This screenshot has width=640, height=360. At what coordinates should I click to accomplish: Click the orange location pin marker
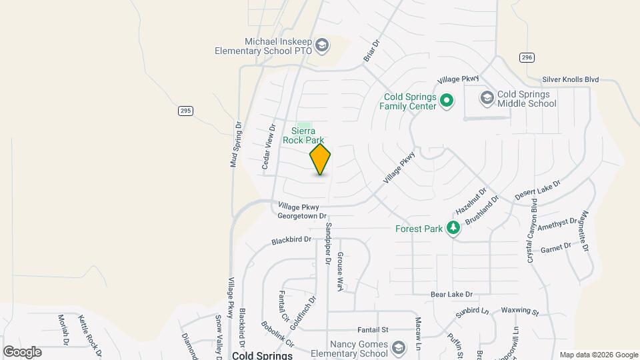(x=320, y=159)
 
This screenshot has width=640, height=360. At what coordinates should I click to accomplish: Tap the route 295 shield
(x=185, y=111)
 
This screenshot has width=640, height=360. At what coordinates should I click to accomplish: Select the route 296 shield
(x=527, y=58)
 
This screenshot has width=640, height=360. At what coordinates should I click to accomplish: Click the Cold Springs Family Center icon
(x=447, y=101)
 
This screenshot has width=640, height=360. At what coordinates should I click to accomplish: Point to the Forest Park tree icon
(x=453, y=229)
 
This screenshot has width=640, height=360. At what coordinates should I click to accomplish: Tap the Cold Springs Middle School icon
(x=487, y=99)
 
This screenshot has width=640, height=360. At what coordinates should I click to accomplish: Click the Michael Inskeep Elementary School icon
(x=322, y=45)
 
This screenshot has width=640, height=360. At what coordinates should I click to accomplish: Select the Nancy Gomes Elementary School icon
(x=398, y=348)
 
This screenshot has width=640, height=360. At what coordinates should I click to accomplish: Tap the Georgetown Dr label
(x=302, y=216)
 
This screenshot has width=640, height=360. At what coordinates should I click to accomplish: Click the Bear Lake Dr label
(x=451, y=294)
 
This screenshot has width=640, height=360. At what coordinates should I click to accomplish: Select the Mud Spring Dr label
(x=235, y=144)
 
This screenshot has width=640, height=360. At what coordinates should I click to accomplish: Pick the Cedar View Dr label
(x=267, y=147)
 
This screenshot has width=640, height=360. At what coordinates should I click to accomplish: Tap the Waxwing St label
(x=519, y=311)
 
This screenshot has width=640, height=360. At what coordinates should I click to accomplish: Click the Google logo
(x=22, y=351)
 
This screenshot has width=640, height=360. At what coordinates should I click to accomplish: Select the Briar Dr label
(x=371, y=52)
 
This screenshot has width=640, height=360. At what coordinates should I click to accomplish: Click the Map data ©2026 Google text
(x=598, y=355)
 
